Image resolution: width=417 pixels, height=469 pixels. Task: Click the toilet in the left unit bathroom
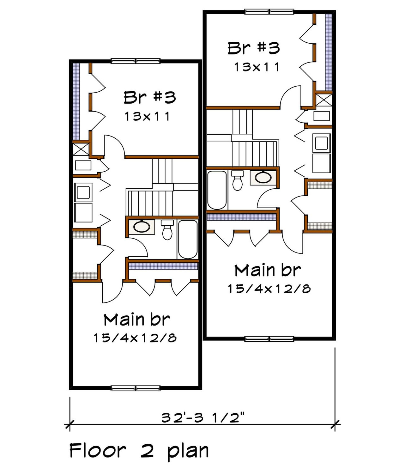(167, 230)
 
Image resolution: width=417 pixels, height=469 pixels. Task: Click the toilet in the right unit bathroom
(237, 181)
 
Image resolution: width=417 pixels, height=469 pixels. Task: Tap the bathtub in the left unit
(188, 239)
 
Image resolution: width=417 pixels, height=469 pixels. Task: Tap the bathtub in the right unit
(217, 190)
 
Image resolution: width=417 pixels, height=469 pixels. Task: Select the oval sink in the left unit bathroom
(142, 227)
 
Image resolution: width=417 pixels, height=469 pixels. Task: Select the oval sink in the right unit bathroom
(263, 177)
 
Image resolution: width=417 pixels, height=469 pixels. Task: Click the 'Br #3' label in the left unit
(149, 97)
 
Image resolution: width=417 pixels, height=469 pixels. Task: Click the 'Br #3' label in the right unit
(254, 48)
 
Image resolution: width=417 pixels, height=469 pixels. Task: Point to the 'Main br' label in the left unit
(137, 320)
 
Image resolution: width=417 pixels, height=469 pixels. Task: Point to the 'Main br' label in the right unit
(268, 271)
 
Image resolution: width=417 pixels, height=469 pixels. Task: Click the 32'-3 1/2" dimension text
(203, 418)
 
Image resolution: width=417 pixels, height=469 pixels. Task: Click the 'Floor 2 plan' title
(139, 451)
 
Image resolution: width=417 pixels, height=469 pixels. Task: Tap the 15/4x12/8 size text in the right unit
(269, 289)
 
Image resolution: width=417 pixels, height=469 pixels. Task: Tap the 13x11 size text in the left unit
(148, 116)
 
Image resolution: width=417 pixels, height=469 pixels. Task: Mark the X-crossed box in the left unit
(81, 149)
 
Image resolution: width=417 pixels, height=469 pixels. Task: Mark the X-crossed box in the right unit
(324, 100)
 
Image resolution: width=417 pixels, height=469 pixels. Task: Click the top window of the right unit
(269, 12)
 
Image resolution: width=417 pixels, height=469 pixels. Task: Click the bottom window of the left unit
(136, 388)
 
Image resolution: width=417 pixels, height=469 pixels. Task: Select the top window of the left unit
(136, 61)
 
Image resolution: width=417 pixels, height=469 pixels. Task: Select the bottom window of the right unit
(269, 339)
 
